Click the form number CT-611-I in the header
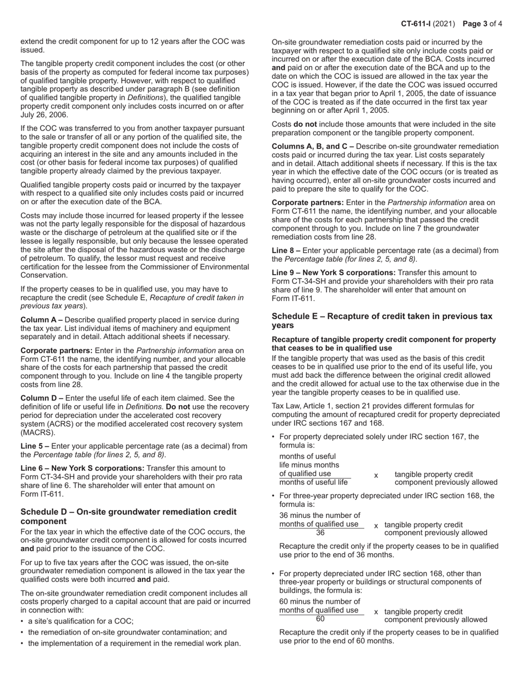[x=420, y=24]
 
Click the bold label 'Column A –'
[x=42, y=320]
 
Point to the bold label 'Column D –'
[x=42, y=398]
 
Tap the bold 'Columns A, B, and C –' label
[x=313, y=146]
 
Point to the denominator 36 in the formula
[x=320, y=533]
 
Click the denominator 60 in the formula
[x=320, y=619]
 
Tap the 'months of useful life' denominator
[x=314, y=483]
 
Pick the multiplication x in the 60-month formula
[x=376, y=612]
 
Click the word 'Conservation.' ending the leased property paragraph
[x=44, y=275]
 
